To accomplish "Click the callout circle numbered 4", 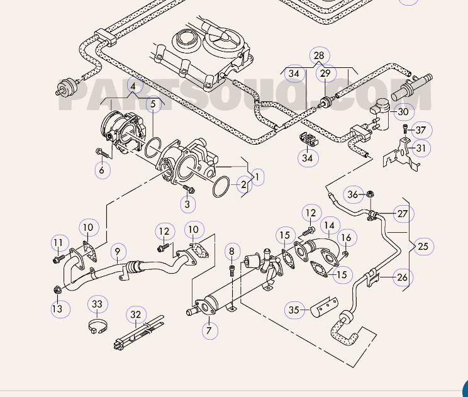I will (x=133, y=86).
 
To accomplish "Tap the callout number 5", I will (x=152, y=104).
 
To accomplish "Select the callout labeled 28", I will (x=319, y=56).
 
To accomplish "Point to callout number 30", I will (x=403, y=112).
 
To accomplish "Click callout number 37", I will (x=421, y=130).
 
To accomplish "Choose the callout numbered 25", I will (x=423, y=246).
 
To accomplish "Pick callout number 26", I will (x=403, y=276).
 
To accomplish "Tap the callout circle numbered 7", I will (x=209, y=329).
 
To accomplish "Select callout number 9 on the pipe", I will (x=118, y=253).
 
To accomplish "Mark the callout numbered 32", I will (x=136, y=315).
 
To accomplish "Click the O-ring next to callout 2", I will (x=221, y=187).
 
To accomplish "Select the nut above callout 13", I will (x=57, y=290).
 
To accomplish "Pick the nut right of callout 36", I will (x=371, y=194).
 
